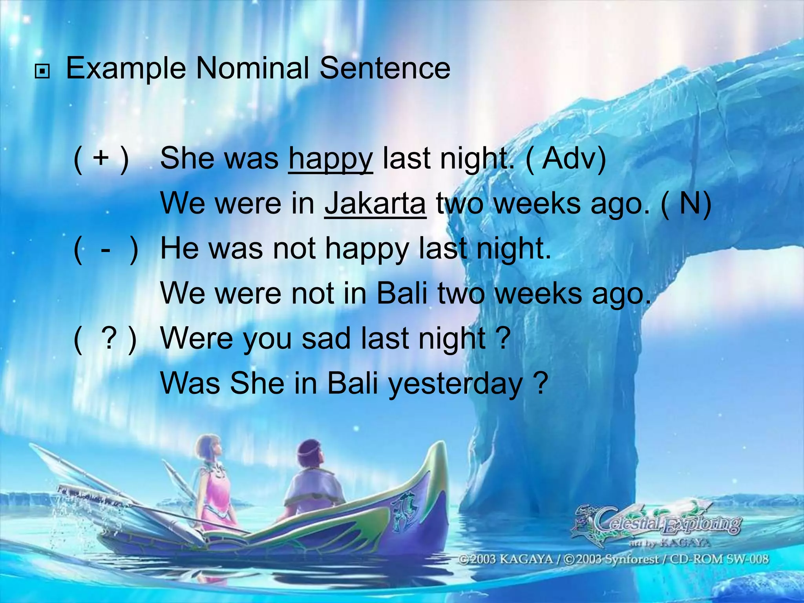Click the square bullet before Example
tap(42, 72)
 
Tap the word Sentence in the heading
tap(385, 68)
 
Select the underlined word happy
tap(330, 159)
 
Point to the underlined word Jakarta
tap(375, 204)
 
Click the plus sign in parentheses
tap(101, 158)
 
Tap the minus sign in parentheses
tap(105, 249)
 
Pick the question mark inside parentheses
tap(109, 338)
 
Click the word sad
tap(326, 338)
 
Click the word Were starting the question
tap(196, 338)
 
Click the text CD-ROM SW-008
tap(719, 559)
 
